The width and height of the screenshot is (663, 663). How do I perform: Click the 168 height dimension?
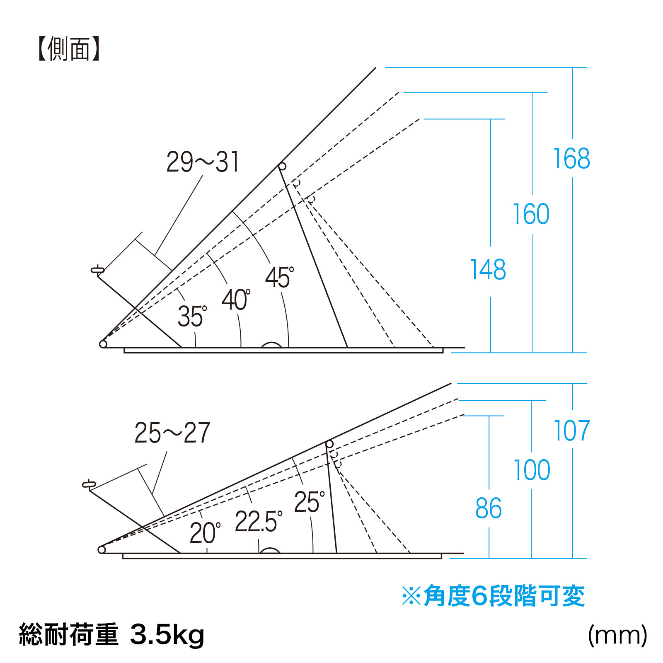(572, 158)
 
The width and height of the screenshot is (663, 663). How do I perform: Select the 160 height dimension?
(531, 214)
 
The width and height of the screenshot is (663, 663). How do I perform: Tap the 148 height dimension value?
(488, 270)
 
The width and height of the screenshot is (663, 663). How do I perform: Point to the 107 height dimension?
(572, 431)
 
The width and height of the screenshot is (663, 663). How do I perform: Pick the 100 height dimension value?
(532, 470)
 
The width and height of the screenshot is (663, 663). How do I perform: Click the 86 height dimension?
(489, 508)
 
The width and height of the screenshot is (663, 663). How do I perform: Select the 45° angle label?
(279, 278)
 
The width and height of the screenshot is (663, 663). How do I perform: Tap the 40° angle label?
(236, 300)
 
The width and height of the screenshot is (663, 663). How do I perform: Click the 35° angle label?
(192, 317)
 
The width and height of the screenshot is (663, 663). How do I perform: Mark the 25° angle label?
(309, 502)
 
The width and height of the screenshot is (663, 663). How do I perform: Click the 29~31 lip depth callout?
(203, 162)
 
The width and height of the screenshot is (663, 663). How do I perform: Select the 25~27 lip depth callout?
(172, 433)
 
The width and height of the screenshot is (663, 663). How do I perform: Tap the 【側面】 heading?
(69, 49)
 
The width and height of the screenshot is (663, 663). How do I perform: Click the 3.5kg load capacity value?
(167, 634)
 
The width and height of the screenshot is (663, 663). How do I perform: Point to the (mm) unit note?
(617, 634)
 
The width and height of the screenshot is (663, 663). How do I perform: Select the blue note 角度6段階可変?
(493, 596)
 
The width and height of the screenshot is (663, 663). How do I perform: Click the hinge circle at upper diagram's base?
(103, 344)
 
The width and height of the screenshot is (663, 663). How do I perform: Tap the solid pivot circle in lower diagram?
(329, 444)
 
